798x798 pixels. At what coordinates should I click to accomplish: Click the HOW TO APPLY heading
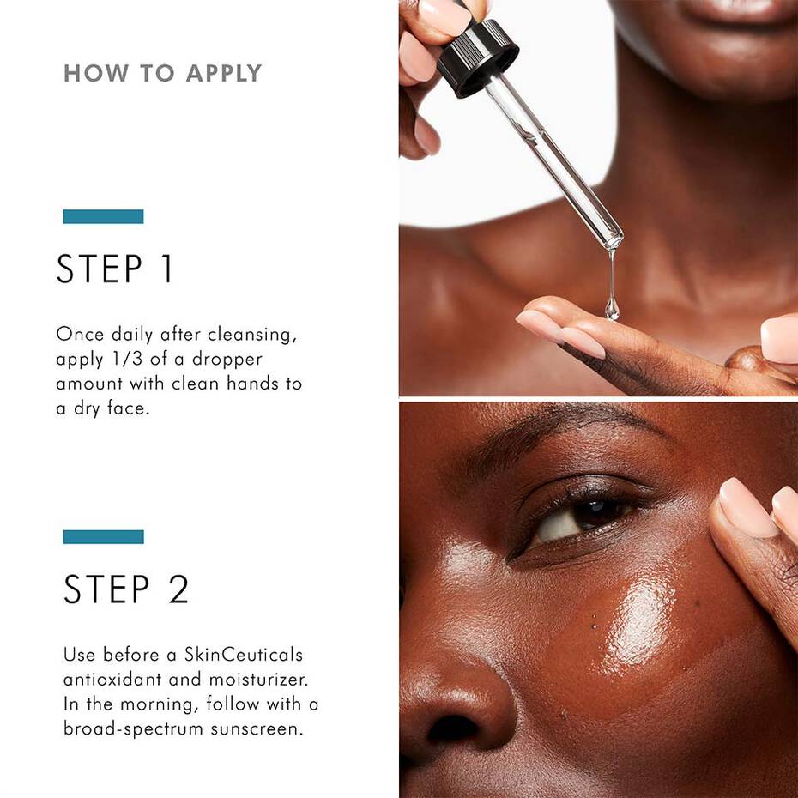click(162, 73)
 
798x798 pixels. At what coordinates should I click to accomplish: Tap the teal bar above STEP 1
click(103, 216)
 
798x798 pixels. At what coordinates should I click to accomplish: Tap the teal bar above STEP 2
click(103, 536)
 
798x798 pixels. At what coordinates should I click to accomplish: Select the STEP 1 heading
click(115, 269)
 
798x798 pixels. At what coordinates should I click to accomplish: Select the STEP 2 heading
click(126, 589)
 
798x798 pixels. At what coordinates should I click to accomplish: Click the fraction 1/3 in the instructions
click(121, 359)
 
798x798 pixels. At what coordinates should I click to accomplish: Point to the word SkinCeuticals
click(244, 655)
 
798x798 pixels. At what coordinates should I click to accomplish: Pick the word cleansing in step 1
click(256, 334)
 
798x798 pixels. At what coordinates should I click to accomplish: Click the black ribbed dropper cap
click(478, 56)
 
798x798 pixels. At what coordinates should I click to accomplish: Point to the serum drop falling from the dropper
click(612, 305)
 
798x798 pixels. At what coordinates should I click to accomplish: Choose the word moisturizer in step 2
click(255, 680)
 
